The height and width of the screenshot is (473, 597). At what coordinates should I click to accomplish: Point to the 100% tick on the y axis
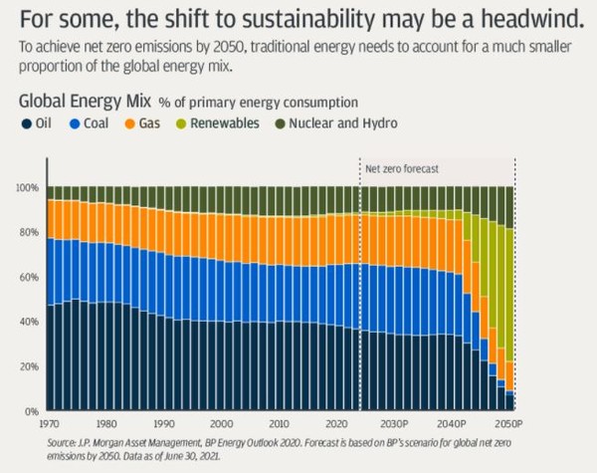(28, 188)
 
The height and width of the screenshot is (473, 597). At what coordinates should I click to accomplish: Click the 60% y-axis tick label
(30, 277)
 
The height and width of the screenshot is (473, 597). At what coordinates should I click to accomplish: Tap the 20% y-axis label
(30, 365)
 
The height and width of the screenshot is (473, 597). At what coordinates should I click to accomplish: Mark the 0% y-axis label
(32, 410)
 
